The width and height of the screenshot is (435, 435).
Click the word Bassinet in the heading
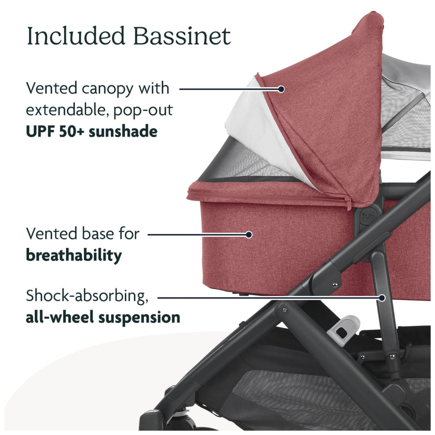pos(182,36)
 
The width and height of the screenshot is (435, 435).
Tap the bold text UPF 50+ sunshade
pos(91,131)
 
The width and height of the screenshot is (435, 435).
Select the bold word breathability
pos(74,255)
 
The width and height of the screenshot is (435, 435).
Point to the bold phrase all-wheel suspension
pos(103,317)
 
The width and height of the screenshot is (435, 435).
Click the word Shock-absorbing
pos(87,296)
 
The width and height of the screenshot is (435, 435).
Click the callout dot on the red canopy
pos(281,89)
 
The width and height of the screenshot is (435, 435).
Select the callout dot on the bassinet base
pos(249,235)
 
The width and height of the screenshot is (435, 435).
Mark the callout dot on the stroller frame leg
pos(382,298)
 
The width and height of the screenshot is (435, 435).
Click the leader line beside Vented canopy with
pos(230,89)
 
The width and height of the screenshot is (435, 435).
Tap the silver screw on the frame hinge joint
pos(335,284)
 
